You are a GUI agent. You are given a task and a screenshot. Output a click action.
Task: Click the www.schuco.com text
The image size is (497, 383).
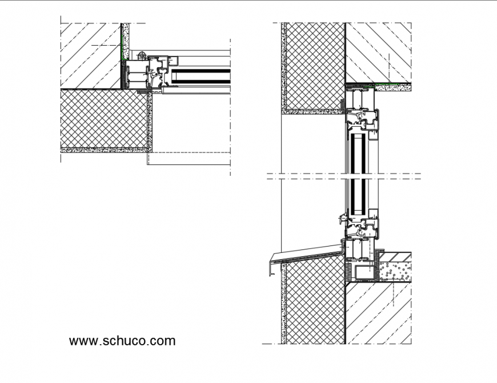pos(122,341)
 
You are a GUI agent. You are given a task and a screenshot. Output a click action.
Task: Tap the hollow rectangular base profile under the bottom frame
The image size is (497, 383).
pos(363,272)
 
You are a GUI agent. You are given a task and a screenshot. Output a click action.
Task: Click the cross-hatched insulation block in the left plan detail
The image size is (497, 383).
pos(103,119)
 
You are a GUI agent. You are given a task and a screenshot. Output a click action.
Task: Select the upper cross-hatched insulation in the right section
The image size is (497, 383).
pos(314,66)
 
